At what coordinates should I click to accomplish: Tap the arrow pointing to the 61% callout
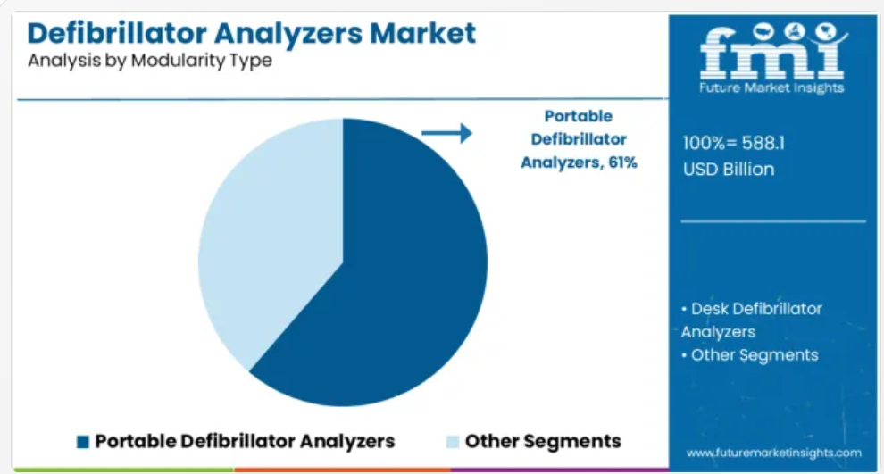446,133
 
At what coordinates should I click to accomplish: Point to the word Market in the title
422,33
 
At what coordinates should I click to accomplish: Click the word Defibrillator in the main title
116,33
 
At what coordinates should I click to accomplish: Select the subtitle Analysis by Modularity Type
150,61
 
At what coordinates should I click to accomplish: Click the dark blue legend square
83,442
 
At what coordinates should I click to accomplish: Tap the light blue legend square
452,442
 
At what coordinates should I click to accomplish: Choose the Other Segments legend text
543,441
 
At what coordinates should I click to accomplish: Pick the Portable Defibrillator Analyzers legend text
245,441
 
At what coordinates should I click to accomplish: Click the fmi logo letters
772,53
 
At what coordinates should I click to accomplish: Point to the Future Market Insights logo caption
771,87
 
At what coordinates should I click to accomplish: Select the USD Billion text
729,169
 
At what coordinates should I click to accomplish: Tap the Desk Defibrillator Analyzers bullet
752,320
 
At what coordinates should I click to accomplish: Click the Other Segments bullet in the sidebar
750,355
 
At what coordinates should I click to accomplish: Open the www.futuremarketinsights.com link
773,453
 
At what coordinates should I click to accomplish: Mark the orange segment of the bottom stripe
342,470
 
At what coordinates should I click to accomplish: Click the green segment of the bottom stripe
124,470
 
